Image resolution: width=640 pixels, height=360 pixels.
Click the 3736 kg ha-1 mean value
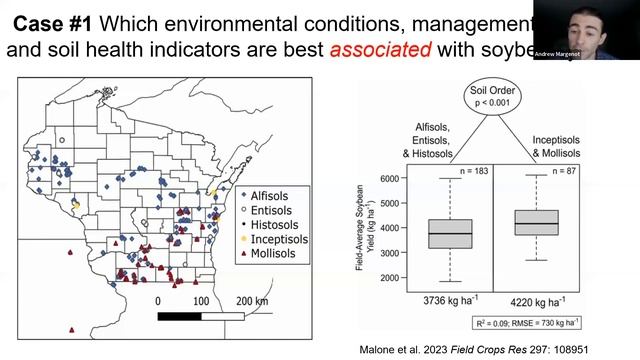click(428, 300)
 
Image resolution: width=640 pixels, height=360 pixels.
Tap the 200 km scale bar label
click(248, 301)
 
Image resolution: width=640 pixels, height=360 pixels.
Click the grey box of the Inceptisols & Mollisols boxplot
click(541, 222)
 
